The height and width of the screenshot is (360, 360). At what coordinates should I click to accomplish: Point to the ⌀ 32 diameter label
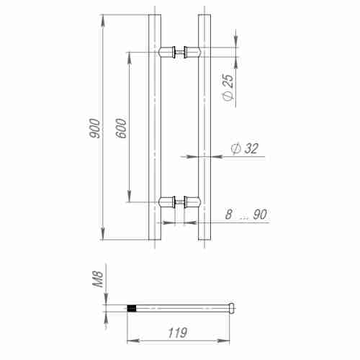coord(243,148)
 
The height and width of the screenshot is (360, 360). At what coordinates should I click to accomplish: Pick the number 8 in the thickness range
coord(228,215)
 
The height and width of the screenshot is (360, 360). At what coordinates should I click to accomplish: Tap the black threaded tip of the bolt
coord(132,309)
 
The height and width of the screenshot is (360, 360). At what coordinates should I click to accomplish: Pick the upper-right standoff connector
coord(192,51)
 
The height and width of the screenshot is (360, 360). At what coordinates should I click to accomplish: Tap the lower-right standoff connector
coord(192,203)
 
